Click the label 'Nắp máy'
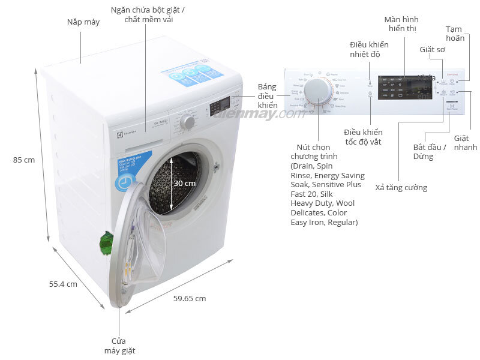(x=83, y=22)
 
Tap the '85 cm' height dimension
(x=24, y=160)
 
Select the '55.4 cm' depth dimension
(x=63, y=284)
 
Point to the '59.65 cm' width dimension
(x=190, y=298)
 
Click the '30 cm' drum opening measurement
(x=185, y=183)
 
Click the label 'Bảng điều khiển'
(x=267, y=96)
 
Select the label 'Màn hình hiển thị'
(x=401, y=24)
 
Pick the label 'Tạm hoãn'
(x=455, y=34)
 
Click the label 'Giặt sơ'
(x=432, y=50)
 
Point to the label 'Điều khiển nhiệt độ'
(x=369, y=50)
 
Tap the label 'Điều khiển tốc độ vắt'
(x=363, y=137)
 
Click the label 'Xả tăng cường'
(x=401, y=188)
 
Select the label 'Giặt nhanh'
(x=465, y=143)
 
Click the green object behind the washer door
(x=106, y=242)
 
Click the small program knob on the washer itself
(x=188, y=122)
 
